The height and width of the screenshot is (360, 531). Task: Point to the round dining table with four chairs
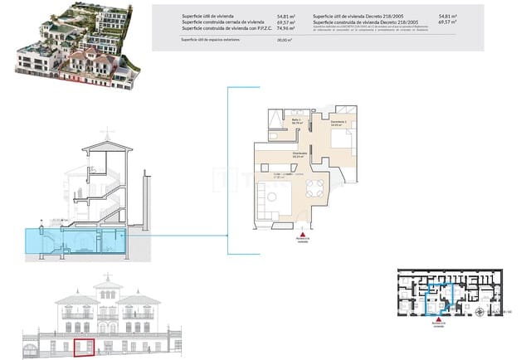(x=314, y=186)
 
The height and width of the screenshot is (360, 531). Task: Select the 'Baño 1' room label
(x=295, y=121)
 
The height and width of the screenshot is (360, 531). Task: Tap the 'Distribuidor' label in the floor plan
(x=300, y=153)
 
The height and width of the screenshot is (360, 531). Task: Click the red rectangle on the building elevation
(x=84, y=346)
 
